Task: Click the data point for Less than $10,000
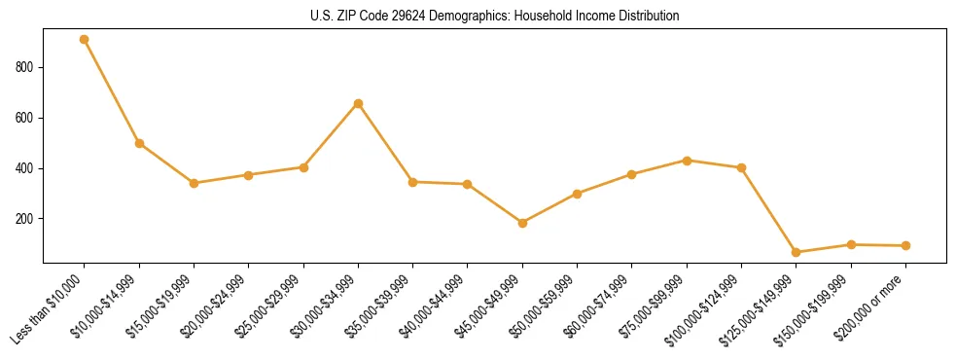pos(85,40)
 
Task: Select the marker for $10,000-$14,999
pos(139,143)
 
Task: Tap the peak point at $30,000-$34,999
pos(358,103)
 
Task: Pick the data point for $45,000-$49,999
pos(522,223)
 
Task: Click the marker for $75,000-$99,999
pos(687,161)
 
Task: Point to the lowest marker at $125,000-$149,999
pos(797,252)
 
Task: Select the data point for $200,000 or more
pos(905,245)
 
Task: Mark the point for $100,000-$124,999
pos(741,167)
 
